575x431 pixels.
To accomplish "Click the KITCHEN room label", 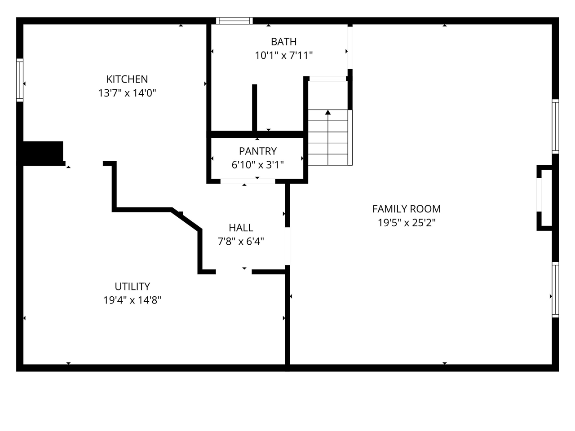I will [x=127, y=79].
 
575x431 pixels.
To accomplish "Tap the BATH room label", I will [x=283, y=42].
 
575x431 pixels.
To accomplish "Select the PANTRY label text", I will [x=257, y=151].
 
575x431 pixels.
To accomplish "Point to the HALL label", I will [x=241, y=228].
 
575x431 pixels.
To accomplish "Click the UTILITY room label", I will [x=132, y=286].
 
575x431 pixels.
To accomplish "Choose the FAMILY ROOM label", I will [x=406, y=209].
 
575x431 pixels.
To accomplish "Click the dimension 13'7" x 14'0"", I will [x=127, y=93].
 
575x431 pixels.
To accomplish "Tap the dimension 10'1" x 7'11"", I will [x=283, y=56].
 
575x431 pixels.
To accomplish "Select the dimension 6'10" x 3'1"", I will [x=257, y=165].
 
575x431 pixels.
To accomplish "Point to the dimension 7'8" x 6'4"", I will [x=241, y=242].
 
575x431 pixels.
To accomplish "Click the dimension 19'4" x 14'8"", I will [x=132, y=300].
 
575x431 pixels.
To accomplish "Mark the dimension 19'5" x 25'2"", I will [x=406, y=223].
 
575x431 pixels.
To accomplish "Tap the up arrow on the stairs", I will [x=328, y=113].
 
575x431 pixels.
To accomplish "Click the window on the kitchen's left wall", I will [x=20, y=80].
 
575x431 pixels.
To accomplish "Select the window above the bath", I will [x=234, y=21].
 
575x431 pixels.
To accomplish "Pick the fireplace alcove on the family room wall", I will [x=545, y=198].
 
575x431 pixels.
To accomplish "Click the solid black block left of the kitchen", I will [x=43, y=153].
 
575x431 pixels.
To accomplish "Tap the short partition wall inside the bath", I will [x=254, y=108].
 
